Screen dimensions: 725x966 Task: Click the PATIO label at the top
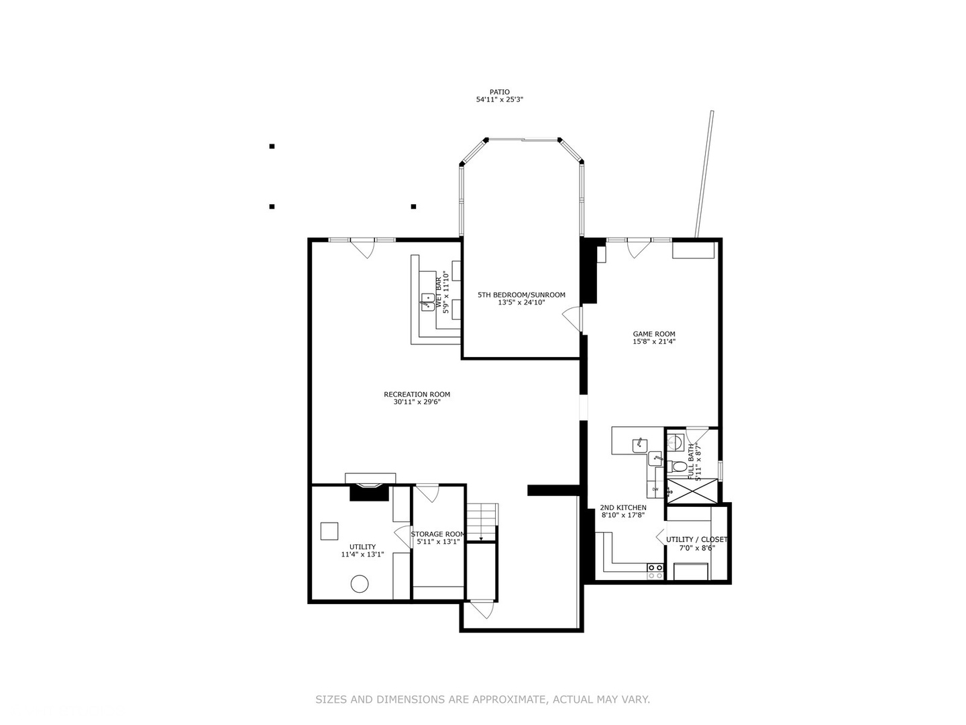point(499,92)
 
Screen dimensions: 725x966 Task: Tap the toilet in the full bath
point(679,467)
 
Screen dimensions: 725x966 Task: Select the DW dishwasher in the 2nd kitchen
point(655,489)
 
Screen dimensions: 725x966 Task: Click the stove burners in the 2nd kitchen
point(655,571)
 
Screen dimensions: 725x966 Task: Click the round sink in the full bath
point(676,442)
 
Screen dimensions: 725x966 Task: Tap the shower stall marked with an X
point(691,491)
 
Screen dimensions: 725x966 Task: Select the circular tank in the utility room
point(360,584)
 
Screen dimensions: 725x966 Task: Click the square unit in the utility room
point(329,531)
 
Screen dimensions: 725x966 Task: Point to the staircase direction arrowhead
point(481,539)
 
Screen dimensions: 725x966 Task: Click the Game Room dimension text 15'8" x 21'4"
point(654,342)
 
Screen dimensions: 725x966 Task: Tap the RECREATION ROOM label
point(417,394)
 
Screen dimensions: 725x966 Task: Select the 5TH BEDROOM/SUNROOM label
point(521,295)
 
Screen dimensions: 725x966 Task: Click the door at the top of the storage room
point(429,493)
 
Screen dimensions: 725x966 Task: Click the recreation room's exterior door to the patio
point(363,248)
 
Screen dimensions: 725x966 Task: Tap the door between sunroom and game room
point(572,318)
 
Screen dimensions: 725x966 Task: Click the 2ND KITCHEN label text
point(623,507)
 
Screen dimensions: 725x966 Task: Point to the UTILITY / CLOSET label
point(696,539)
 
